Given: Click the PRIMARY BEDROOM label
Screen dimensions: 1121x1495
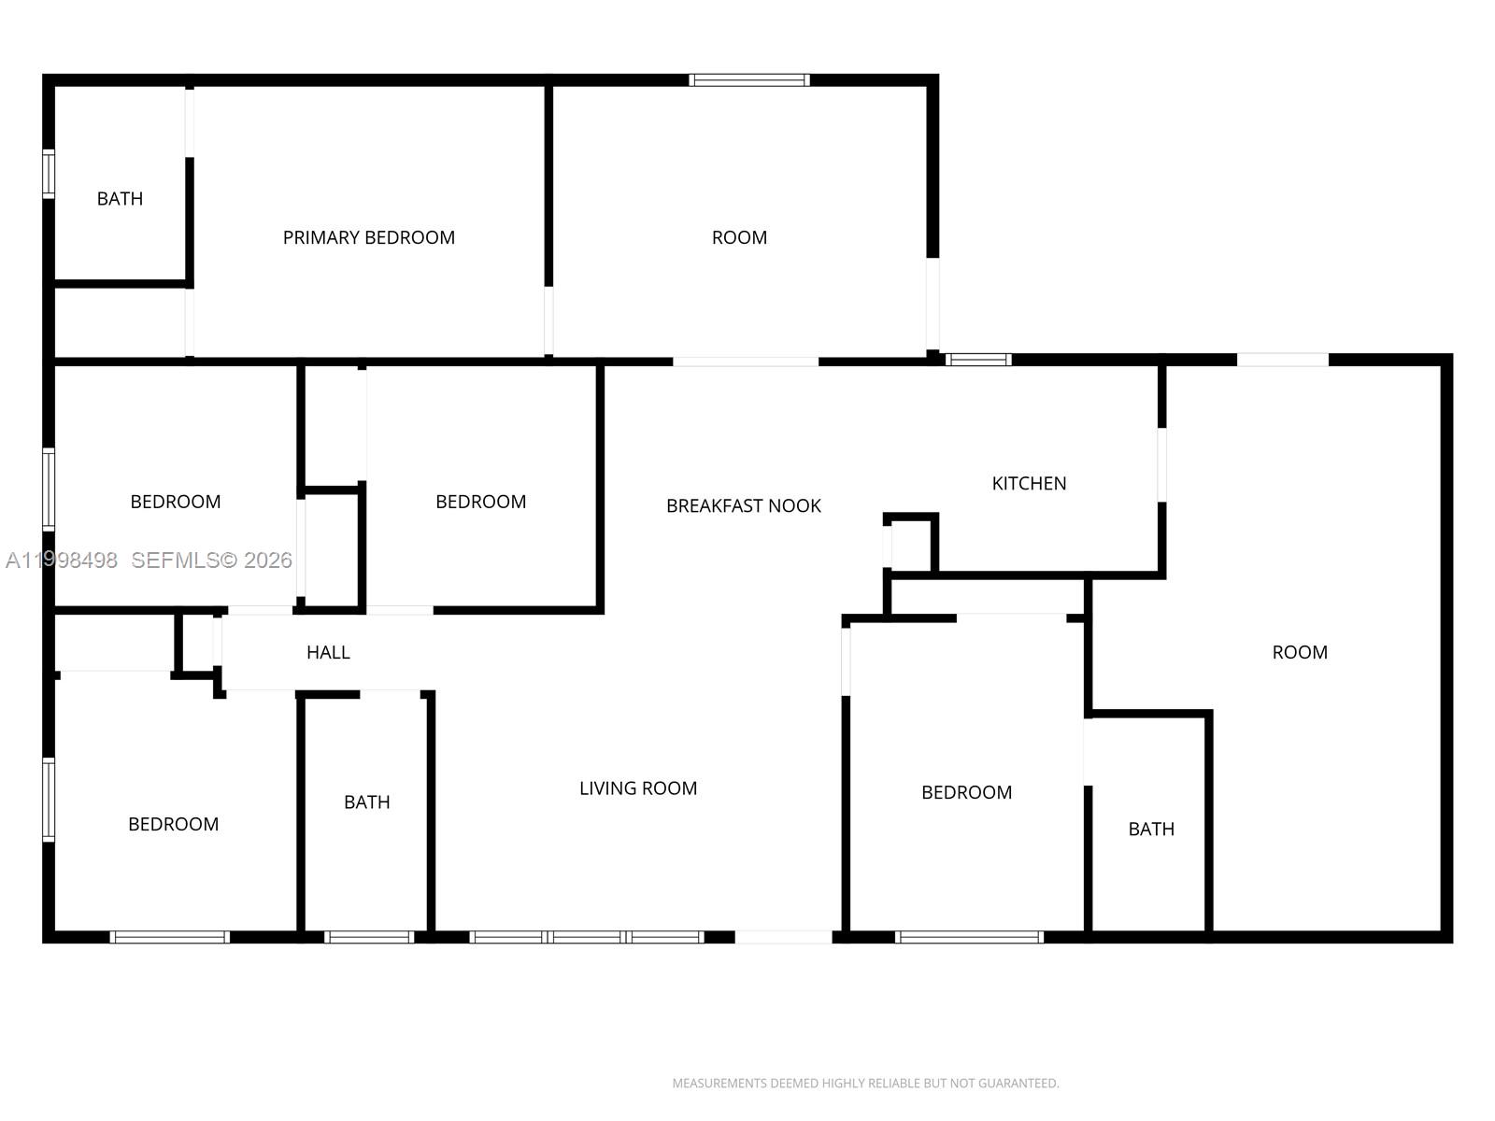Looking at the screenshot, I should (368, 237).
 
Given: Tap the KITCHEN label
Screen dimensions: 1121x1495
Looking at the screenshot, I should (1029, 483).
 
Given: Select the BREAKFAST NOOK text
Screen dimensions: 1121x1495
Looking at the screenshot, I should (743, 505).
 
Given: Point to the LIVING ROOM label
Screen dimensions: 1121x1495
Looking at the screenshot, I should (637, 788).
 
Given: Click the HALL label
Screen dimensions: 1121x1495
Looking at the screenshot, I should (328, 652).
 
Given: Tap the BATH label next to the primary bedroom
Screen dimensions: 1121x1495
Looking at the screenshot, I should (120, 198).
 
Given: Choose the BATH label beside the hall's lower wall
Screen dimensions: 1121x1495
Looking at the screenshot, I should (366, 802).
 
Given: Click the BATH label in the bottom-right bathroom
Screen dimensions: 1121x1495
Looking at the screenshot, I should (1150, 829).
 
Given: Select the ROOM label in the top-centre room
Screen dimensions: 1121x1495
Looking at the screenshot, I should (739, 237).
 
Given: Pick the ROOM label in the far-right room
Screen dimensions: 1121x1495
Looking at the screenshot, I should (1299, 652).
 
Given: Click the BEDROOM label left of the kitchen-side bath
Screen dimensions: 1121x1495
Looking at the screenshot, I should (966, 792).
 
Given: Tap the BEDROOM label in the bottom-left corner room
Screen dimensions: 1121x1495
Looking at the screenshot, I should (173, 824).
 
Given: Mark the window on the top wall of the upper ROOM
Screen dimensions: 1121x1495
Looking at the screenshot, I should (749, 80).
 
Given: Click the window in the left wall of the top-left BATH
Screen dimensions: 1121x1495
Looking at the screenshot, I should (49, 174).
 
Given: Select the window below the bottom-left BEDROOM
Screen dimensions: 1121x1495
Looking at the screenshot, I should (169, 937).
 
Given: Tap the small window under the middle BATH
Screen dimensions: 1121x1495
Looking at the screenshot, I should (369, 937).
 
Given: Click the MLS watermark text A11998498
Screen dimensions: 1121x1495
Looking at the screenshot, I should (62, 560).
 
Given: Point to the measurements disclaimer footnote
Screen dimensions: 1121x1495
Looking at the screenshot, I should (865, 1084).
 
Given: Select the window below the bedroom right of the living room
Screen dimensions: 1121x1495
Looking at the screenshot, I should (969, 937).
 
